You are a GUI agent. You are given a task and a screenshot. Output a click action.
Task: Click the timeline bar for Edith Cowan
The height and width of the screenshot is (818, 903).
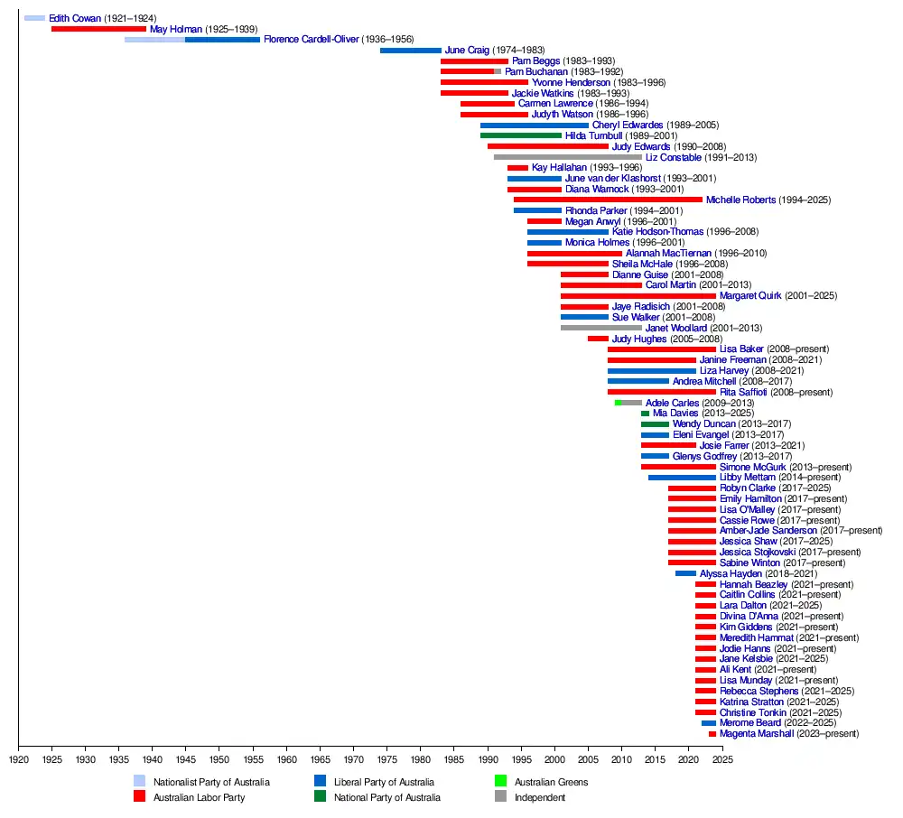point(34,18)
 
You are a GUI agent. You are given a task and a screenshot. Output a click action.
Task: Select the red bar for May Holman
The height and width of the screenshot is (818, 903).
point(98,29)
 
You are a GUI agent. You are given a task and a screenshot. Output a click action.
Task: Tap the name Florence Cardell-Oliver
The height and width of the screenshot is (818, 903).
point(312,40)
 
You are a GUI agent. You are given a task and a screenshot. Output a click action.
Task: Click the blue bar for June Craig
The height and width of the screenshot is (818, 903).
point(411,51)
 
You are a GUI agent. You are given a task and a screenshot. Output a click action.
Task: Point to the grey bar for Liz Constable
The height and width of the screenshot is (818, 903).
point(568,157)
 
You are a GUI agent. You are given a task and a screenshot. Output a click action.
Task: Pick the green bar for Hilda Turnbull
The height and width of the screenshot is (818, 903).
point(521,135)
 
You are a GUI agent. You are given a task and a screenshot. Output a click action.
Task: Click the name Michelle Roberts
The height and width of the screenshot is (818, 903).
point(740,200)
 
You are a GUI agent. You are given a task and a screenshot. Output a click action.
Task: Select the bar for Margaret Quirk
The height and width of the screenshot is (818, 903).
point(638,296)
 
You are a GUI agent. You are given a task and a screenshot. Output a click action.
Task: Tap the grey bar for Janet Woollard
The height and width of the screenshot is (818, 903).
point(601,328)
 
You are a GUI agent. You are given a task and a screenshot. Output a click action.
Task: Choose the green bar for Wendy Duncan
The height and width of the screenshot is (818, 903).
point(656,424)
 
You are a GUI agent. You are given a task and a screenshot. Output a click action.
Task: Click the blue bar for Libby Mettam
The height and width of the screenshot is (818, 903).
point(682,478)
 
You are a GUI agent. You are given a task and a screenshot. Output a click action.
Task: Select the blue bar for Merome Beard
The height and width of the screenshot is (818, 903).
point(709,723)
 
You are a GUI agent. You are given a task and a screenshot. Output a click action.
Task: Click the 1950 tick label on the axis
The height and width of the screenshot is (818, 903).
point(219,759)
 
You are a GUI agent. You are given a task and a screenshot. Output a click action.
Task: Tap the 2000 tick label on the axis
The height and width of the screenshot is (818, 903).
point(554,759)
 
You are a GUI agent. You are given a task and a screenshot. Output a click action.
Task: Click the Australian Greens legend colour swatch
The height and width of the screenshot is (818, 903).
point(500,782)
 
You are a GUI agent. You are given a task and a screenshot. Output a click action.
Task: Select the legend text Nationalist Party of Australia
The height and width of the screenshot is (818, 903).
point(211,782)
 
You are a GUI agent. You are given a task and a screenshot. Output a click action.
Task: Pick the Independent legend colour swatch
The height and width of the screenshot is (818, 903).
point(500,797)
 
